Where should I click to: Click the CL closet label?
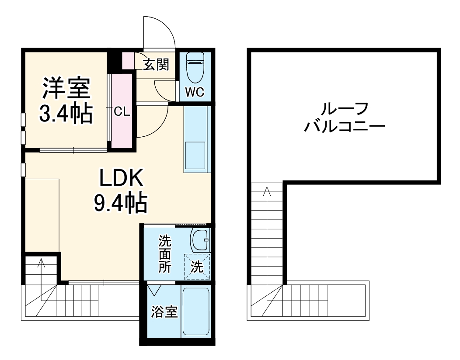coord(122,112)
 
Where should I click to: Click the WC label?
coord(195,92)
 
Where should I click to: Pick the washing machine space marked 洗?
coord(197,267)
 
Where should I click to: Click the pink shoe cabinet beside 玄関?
coord(129,61)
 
